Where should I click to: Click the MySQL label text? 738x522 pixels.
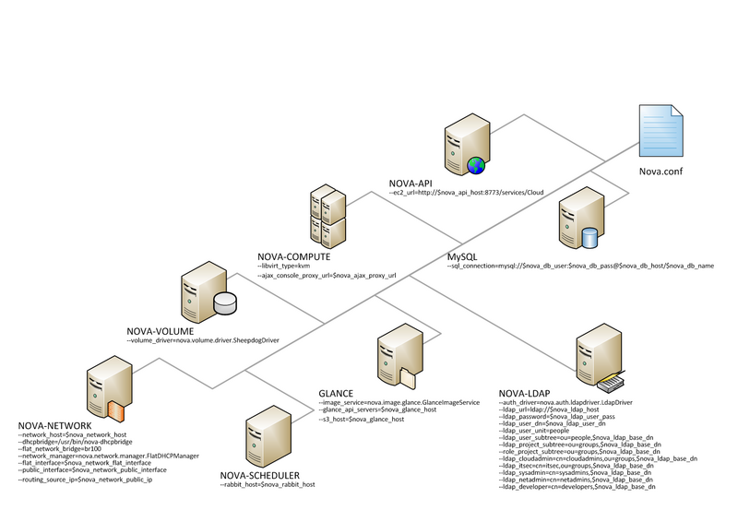pyautogui.click(x=463, y=255)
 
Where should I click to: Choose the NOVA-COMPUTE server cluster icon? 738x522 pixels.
pyautogui.click(x=327, y=214)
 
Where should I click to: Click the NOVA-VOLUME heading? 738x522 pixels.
pyautogui.click(x=160, y=330)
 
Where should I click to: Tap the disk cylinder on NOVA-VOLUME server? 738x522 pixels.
pyautogui.click(x=225, y=303)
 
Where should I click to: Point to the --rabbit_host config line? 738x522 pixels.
pyautogui.click(x=268, y=484)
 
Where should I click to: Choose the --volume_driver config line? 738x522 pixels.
pyautogui.click(x=203, y=340)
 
